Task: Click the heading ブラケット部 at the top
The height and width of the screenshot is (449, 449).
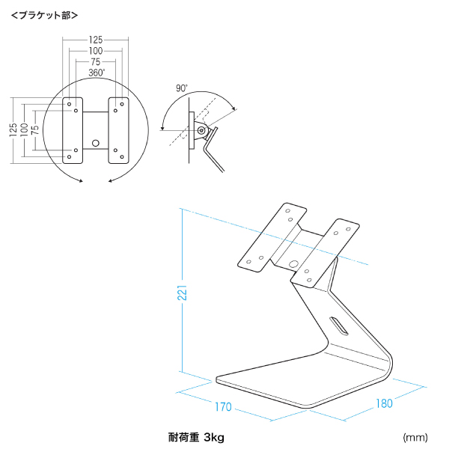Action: pos(44,14)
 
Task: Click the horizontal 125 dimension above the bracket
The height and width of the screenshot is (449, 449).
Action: pos(95,39)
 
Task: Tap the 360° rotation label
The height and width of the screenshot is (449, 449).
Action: pos(96,73)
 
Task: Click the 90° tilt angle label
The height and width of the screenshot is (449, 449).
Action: pos(181,88)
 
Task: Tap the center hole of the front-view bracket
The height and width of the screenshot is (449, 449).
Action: pos(95,142)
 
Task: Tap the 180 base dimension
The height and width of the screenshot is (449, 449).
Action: pos(383,403)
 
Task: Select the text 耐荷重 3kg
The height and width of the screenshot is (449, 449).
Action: pos(196,436)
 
